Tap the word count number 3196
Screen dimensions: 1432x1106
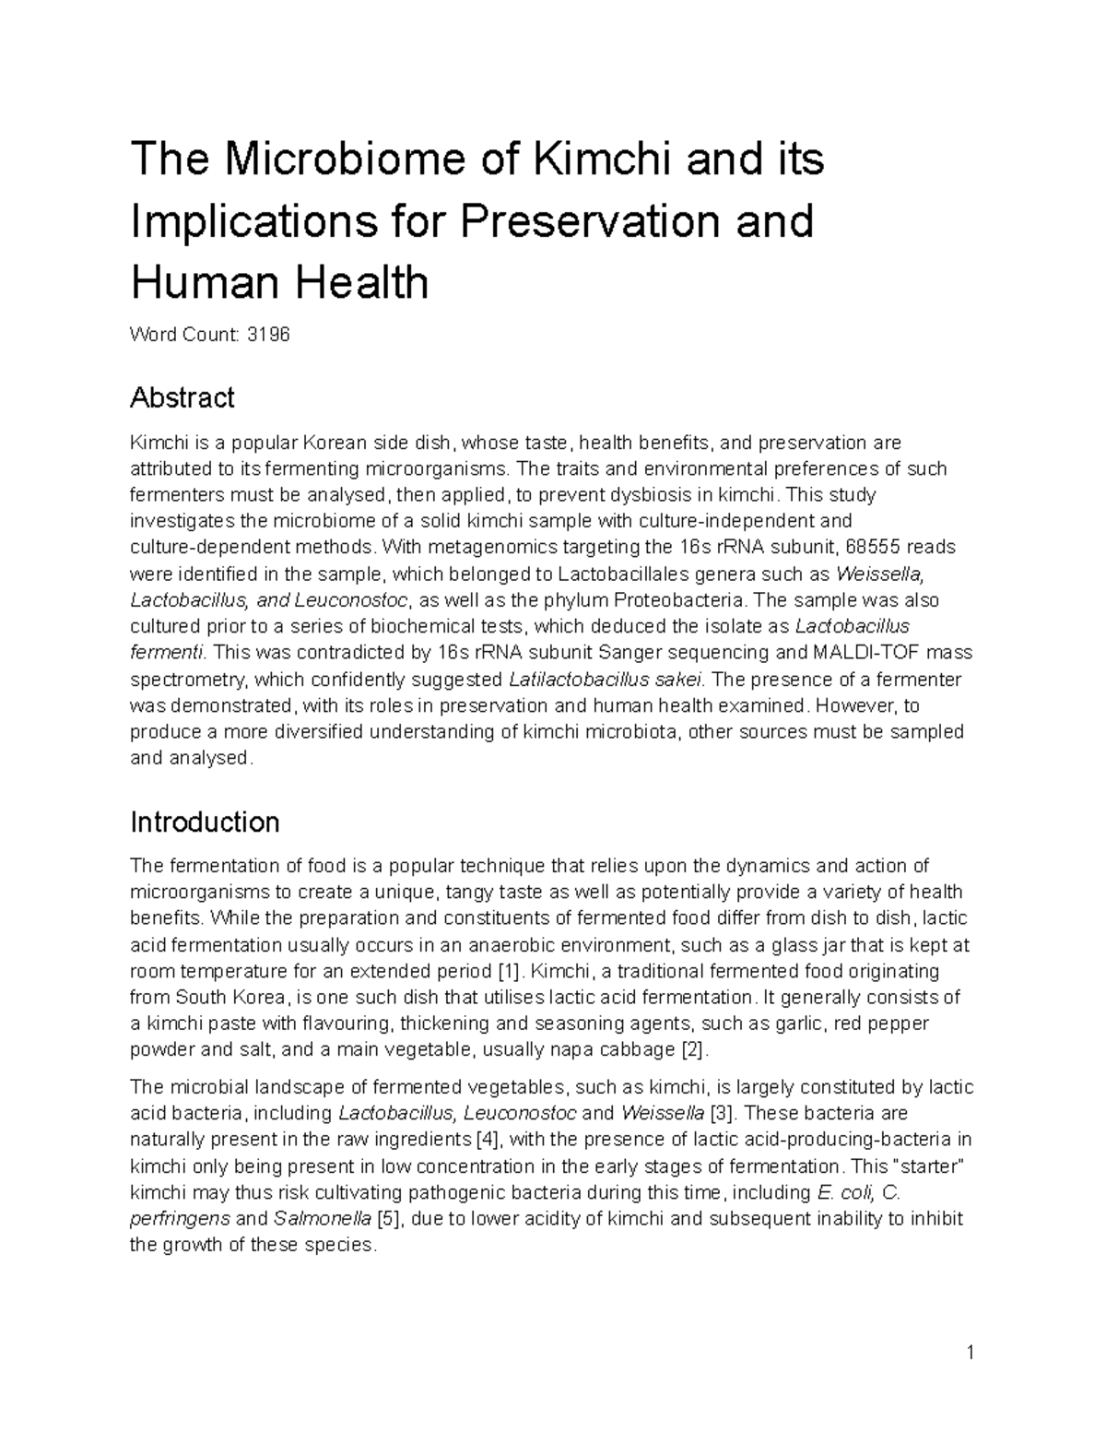[x=267, y=335]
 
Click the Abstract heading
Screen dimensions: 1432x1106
[x=182, y=398]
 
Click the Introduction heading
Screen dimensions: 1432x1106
[x=205, y=822]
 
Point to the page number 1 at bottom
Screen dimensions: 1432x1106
[x=971, y=1353]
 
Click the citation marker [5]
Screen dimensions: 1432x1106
[x=388, y=1218]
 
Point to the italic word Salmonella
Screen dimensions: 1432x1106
[x=323, y=1218]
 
